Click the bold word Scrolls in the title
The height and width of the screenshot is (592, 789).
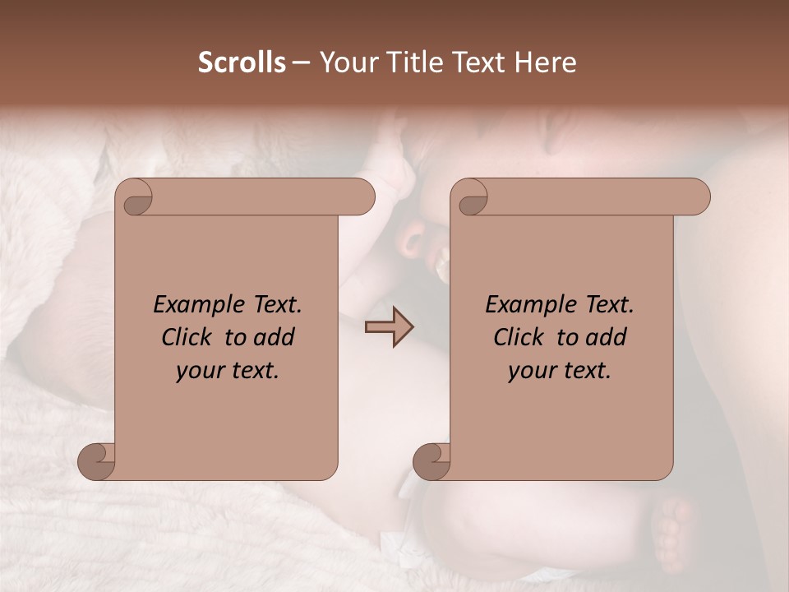tap(242, 62)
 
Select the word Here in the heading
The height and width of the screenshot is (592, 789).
tap(546, 62)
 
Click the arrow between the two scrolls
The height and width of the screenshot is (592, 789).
tap(389, 327)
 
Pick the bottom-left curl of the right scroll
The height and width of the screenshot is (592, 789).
tap(431, 461)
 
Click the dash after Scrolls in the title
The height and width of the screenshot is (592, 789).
tap(301, 62)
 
